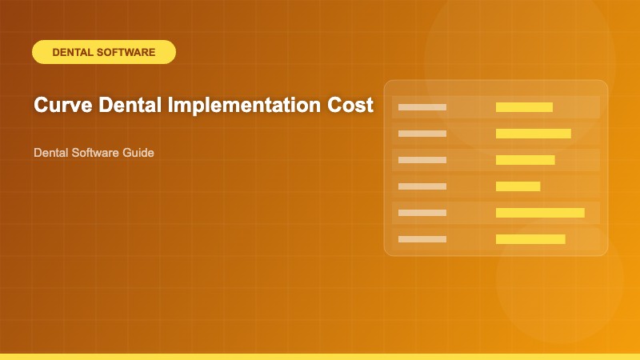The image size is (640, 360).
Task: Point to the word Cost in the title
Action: [x=350, y=106]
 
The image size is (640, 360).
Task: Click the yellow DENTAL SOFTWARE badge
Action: [x=103, y=52]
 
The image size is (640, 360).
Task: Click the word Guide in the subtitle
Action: [x=138, y=152]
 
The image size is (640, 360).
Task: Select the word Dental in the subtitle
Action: [x=50, y=152]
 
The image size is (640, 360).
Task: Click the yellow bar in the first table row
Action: [x=524, y=107]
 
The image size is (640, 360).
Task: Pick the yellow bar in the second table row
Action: [x=533, y=134]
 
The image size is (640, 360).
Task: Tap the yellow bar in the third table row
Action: [x=525, y=160]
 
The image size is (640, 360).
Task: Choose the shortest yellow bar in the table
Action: [x=518, y=186]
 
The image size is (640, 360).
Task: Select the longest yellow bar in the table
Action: [x=540, y=213]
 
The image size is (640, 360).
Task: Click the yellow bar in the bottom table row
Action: [x=530, y=239]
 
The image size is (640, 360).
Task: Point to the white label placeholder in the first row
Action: [x=422, y=107]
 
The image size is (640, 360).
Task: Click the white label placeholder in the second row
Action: [x=422, y=134]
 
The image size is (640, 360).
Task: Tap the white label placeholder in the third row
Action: [x=422, y=160]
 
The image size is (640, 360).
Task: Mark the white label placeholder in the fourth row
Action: [x=422, y=186]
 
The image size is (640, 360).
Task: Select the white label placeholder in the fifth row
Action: [x=422, y=213]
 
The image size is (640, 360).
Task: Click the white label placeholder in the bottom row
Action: [x=422, y=239]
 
